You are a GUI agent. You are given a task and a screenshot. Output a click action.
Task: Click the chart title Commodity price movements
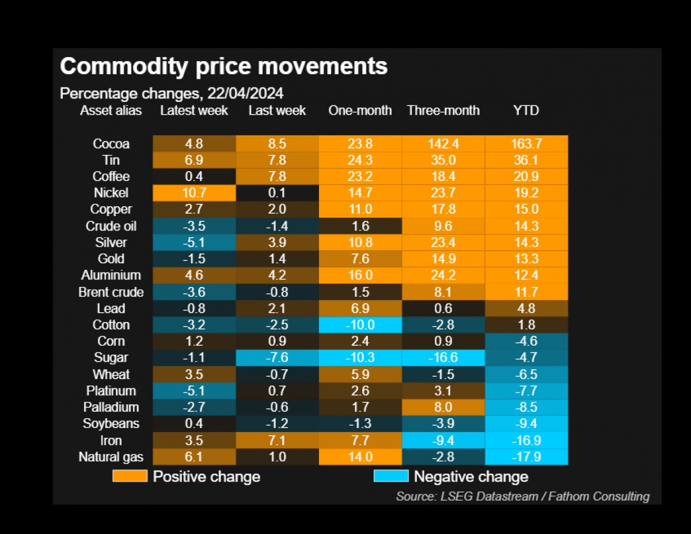(223, 67)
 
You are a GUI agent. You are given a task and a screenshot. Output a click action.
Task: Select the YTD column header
(526, 110)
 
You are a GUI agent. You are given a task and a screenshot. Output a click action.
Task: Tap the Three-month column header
(443, 110)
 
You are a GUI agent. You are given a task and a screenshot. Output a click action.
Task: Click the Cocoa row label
(111, 144)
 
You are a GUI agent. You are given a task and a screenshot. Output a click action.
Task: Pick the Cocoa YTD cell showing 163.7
(526, 144)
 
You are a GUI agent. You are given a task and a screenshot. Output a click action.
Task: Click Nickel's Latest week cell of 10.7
(194, 193)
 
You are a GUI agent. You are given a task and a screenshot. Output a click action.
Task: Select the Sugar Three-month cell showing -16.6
(443, 358)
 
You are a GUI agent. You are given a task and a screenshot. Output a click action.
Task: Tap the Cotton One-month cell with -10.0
(360, 325)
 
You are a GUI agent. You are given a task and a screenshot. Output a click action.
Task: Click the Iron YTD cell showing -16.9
(526, 441)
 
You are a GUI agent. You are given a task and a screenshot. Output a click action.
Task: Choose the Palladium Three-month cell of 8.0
(443, 407)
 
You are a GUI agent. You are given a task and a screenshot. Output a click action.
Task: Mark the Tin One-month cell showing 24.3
(360, 160)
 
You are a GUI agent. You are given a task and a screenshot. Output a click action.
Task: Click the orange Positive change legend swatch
(130, 476)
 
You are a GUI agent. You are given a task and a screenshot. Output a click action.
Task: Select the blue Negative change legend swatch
(391, 476)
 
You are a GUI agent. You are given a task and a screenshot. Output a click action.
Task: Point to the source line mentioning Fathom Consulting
(522, 496)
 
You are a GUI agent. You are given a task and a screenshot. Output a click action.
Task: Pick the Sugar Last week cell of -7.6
(277, 358)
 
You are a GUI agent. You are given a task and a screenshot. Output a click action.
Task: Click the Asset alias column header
(111, 110)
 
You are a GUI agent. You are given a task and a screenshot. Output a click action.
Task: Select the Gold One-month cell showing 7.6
(360, 259)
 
